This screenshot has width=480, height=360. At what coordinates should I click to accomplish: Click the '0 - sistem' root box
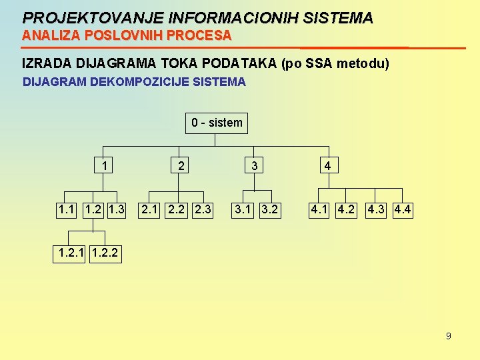(217, 123)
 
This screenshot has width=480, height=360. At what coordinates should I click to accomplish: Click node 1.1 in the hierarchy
(67, 211)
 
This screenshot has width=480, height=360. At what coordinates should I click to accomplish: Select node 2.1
(149, 211)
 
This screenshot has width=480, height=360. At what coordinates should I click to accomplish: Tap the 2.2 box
(175, 211)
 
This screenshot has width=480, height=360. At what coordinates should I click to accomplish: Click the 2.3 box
(201, 211)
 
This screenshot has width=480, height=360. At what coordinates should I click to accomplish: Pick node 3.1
(241, 211)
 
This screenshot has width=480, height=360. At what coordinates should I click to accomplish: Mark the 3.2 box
(268, 211)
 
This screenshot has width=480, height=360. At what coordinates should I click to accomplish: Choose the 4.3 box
(377, 211)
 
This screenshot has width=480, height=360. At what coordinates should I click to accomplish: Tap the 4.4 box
(403, 211)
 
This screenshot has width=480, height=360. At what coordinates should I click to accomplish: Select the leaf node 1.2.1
(71, 254)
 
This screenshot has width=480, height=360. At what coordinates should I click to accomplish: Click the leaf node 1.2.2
(105, 254)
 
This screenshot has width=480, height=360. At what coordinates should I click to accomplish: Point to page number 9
(448, 336)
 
